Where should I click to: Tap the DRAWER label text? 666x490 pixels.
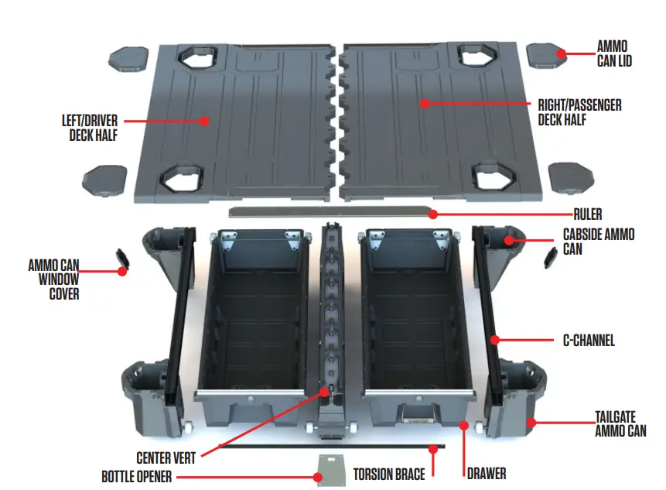(485, 472)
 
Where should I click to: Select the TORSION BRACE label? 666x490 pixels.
(390, 472)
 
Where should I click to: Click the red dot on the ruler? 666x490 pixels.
(433, 214)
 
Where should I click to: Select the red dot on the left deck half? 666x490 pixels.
(205, 121)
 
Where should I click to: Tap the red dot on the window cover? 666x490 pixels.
(121, 271)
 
